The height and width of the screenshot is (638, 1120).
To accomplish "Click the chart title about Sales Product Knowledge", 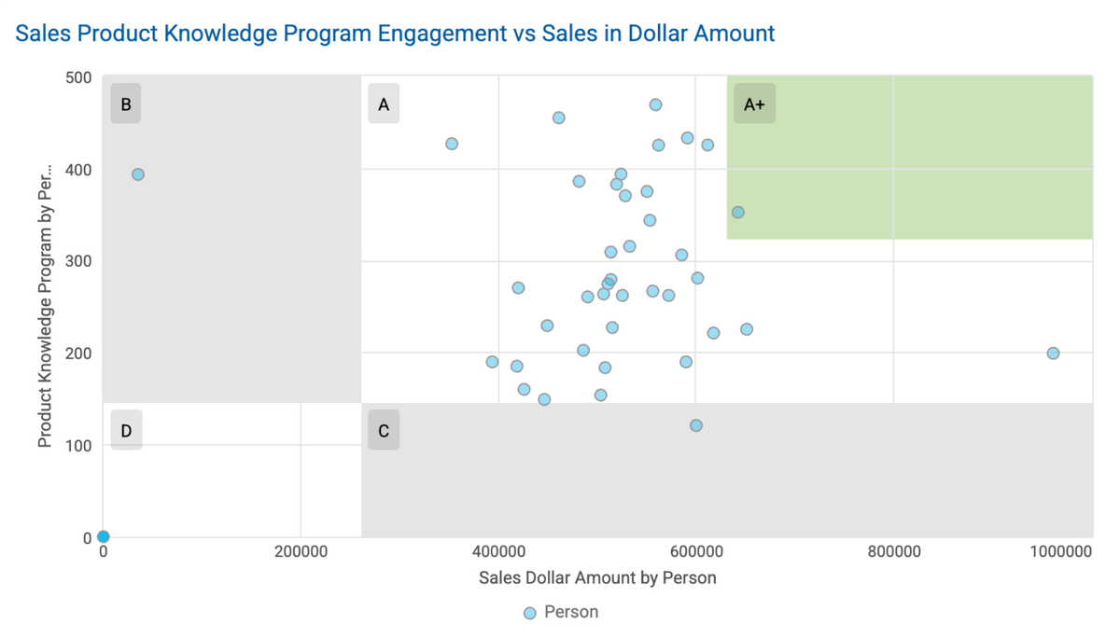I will tap(395, 34).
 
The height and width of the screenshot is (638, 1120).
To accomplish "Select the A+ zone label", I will tap(754, 104).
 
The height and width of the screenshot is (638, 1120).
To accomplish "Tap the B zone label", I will tap(126, 104).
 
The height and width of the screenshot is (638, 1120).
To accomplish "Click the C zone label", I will tap(384, 431).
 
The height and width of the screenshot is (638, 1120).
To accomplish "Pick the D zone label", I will tap(126, 431).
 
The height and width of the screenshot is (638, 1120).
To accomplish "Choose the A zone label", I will tap(384, 104).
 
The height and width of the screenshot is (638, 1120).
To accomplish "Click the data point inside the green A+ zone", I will tap(737, 213).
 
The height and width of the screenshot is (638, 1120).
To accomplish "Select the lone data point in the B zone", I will tap(138, 174).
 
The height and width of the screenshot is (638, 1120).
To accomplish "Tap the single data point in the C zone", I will tap(695, 425).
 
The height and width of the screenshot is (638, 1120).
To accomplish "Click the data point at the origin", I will tap(104, 536).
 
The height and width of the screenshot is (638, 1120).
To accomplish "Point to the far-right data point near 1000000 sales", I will tap(1053, 354).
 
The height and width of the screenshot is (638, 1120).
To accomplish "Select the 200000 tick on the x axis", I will tap(301, 552).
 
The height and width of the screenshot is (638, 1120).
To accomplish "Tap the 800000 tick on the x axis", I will tap(893, 552).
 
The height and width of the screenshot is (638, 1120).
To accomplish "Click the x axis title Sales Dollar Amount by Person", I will tap(597, 578).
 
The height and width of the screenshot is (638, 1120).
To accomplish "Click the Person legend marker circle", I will tap(530, 613).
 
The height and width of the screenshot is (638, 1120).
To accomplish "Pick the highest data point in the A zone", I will tap(655, 105).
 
